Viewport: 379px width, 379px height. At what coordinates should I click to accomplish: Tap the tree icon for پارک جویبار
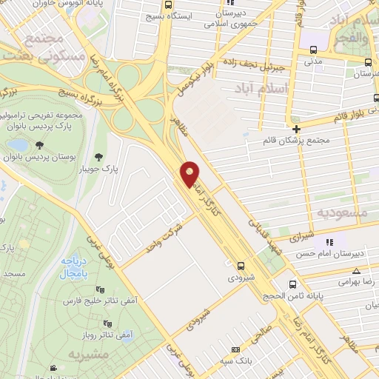coord(99,155)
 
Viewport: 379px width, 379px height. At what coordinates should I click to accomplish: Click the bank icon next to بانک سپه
coord(235,349)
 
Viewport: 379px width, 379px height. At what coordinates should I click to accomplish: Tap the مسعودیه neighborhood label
coord(342,212)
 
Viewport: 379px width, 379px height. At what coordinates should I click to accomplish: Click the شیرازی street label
coord(300,237)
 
